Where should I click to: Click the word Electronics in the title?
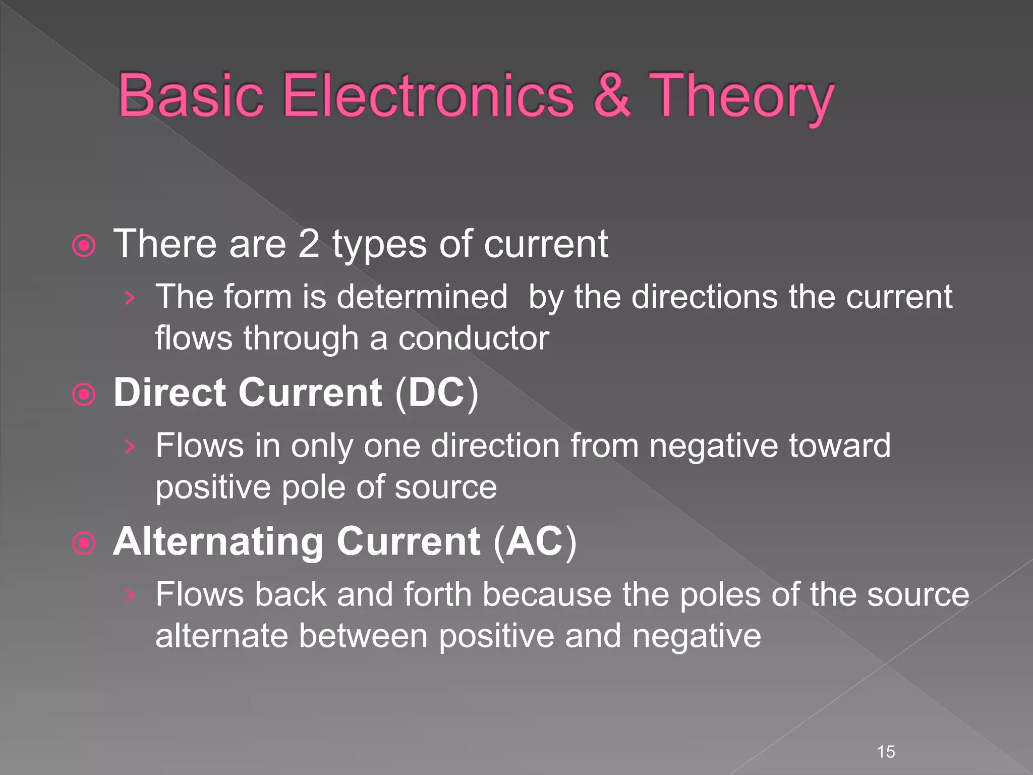pos(429,96)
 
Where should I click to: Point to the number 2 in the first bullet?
pos(309,244)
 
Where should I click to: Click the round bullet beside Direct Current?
pos(84,395)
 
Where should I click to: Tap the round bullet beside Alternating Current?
pos(84,543)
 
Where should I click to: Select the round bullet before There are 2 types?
pos(84,246)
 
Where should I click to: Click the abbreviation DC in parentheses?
pos(436,393)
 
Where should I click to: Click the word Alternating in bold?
pos(218,541)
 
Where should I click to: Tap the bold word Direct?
pos(169,393)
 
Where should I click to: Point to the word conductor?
pos(474,338)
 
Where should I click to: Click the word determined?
pos(422,297)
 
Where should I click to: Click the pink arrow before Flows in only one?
pos(130,447)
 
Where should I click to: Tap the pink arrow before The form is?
pos(130,298)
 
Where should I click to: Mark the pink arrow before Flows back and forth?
pos(130,595)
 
